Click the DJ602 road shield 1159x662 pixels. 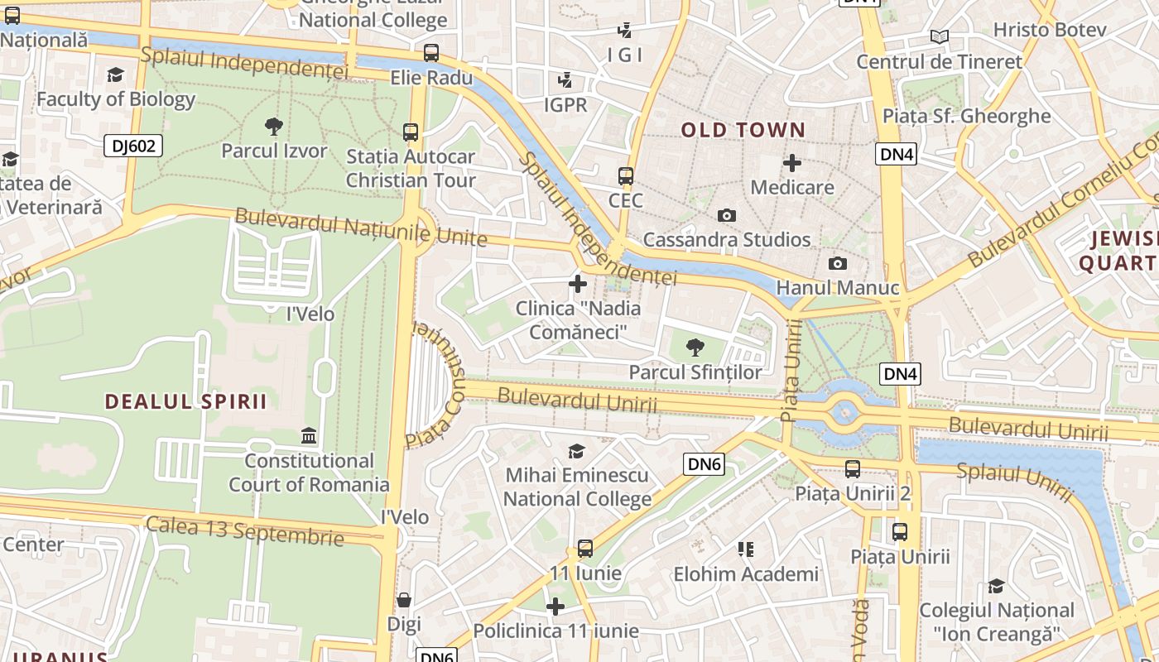[133, 146]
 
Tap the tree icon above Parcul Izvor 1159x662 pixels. [274, 127]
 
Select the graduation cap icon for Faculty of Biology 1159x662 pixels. [116, 74]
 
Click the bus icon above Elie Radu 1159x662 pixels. [431, 53]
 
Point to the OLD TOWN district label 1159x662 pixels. [743, 130]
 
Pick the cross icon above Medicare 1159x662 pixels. [792, 163]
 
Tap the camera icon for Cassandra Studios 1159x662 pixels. [727, 215]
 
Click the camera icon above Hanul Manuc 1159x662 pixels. [838, 263]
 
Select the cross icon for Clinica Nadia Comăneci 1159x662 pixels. [578, 285]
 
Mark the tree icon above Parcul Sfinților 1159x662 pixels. [695, 348]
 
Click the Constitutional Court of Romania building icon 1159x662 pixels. [309, 436]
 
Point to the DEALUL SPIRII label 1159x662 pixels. [186, 402]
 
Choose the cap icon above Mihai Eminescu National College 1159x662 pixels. [576, 451]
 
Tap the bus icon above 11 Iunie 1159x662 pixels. [585, 548]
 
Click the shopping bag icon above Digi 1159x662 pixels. [404, 599]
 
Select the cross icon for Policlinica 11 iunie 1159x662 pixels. [555, 607]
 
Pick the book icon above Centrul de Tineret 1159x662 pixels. [939, 36]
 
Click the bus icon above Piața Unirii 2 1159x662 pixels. [853, 469]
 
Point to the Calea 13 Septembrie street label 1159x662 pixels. [244, 530]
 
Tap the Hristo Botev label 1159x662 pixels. [1049, 30]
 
